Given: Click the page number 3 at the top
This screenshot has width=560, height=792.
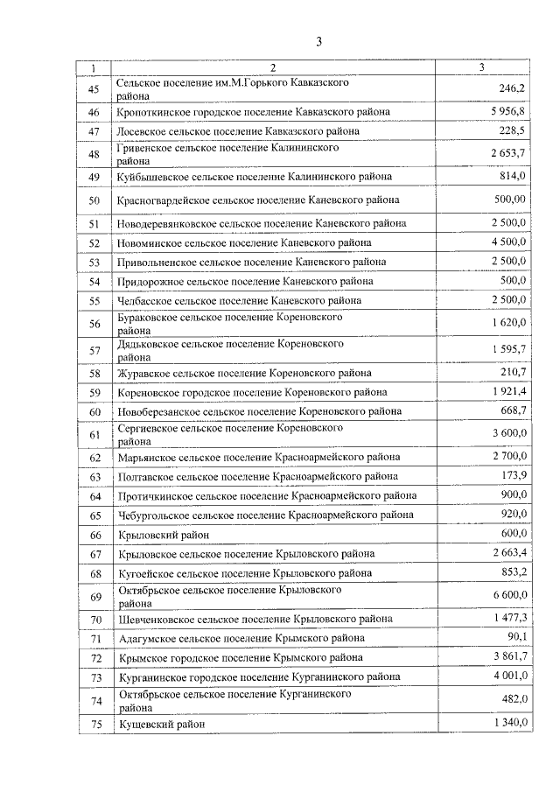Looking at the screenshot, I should click(x=319, y=41).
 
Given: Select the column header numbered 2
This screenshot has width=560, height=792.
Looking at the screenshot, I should click(x=273, y=67).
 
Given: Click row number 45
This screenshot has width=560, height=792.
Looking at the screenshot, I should click(x=94, y=88).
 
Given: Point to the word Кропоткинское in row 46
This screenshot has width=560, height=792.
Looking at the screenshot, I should click(x=151, y=112).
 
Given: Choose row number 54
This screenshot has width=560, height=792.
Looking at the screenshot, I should click(x=94, y=282).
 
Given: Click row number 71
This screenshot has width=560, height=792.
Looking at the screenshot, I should click(x=94, y=639).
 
